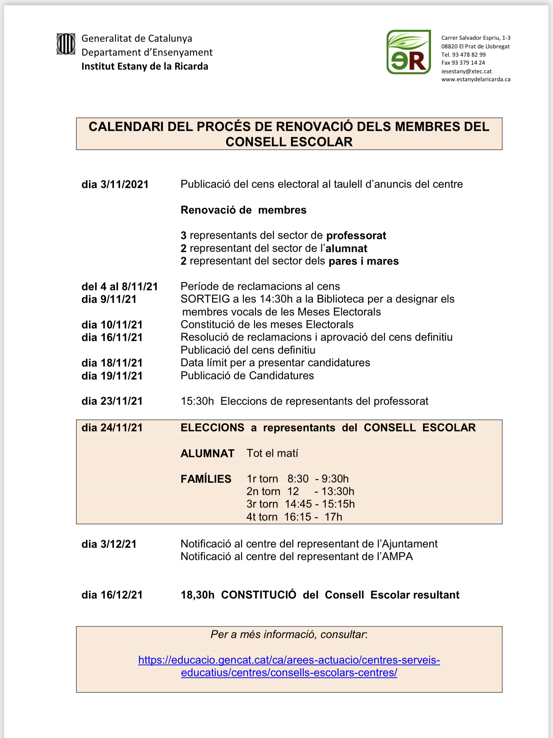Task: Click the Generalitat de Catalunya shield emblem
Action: (66, 44)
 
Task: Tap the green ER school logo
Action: (408, 52)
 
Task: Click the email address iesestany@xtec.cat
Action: (466, 71)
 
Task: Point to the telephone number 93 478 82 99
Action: (469, 54)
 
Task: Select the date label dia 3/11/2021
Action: (115, 184)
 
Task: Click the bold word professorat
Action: (356, 236)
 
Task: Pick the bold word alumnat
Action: (346, 249)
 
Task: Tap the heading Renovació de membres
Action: (243, 210)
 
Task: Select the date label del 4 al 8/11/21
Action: (120, 287)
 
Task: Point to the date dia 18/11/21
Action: (112, 363)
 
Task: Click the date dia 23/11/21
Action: (112, 401)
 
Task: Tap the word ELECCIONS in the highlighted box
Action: (212, 428)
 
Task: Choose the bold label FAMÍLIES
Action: (206, 479)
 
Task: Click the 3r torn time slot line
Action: (300, 504)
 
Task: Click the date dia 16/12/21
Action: (112, 595)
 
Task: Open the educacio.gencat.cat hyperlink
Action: (289, 666)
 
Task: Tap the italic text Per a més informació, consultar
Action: (289, 634)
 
